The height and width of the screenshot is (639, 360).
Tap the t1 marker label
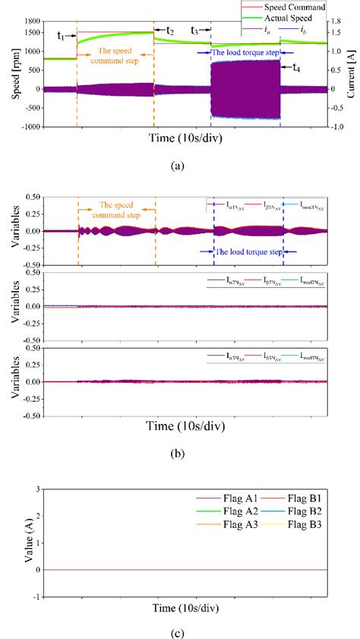pos(62,35)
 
